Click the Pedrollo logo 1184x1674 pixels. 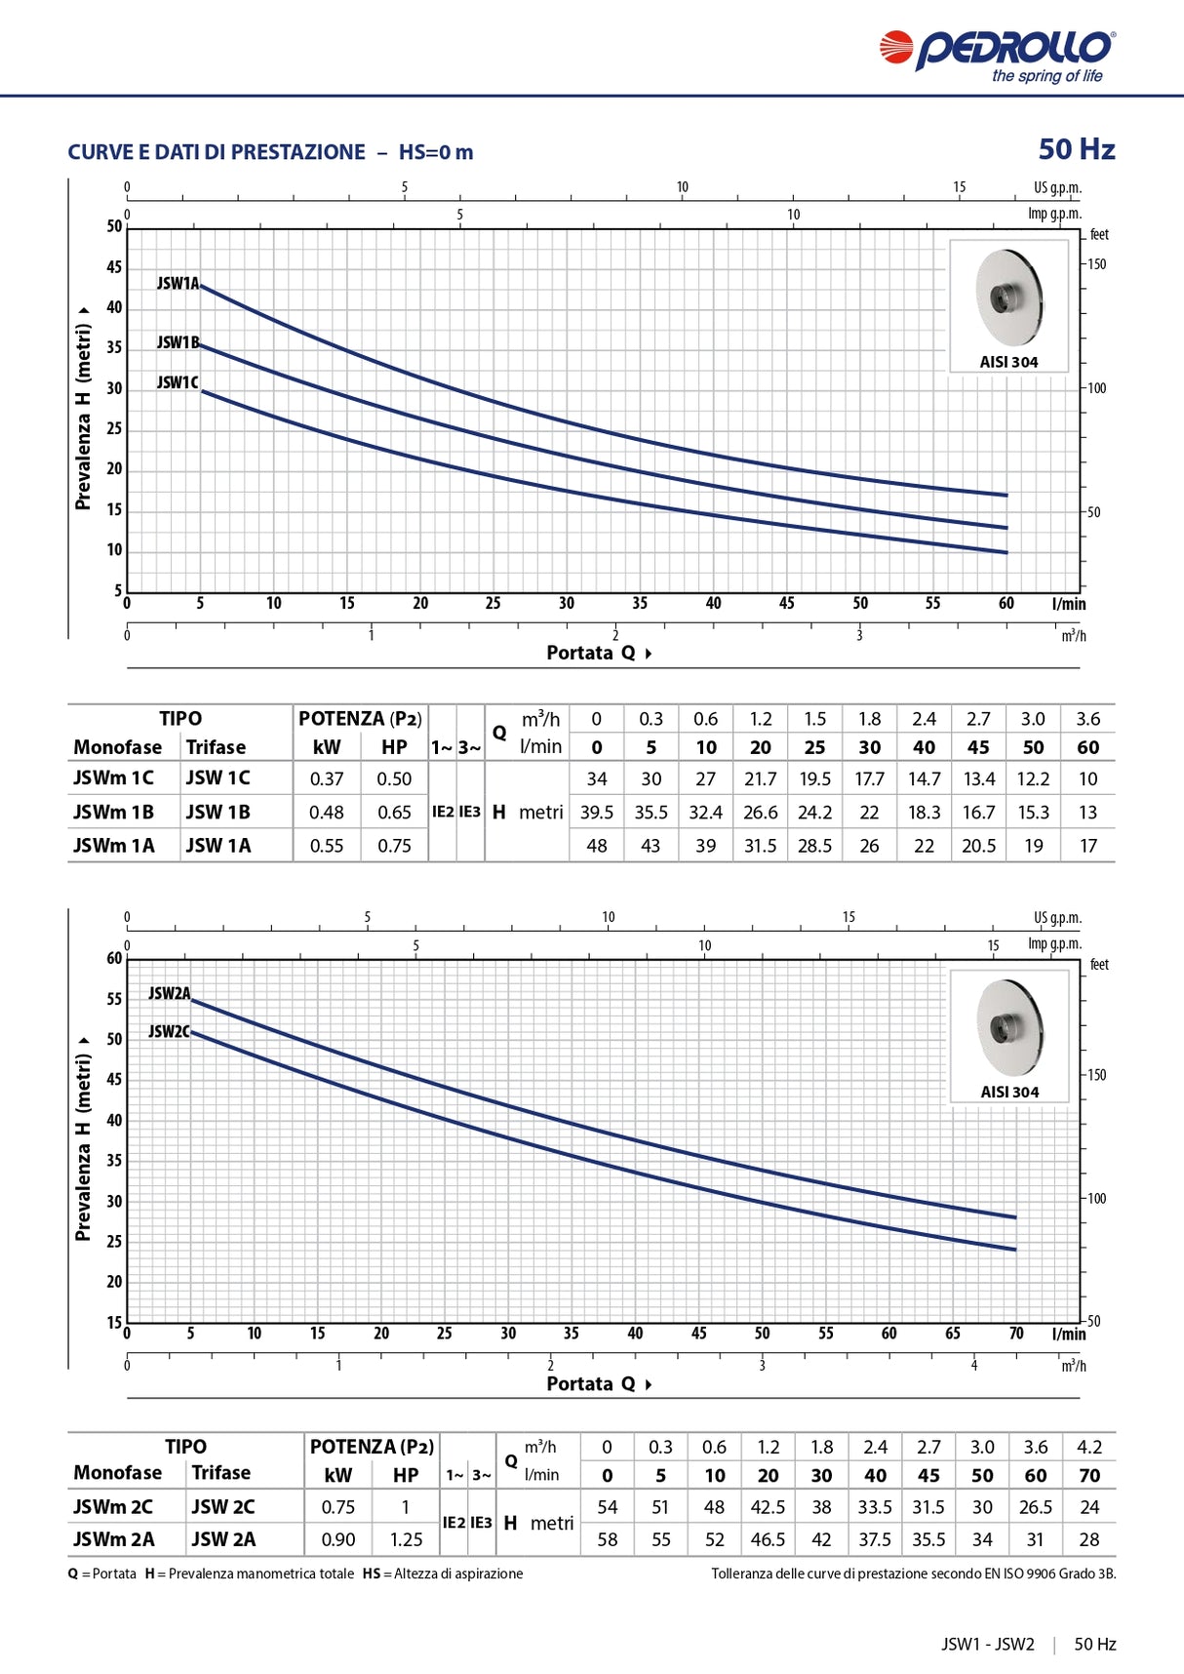coord(998,53)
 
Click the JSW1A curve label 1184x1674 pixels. coord(178,284)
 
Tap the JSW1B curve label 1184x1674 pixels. coord(178,342)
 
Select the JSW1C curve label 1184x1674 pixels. coord(177,382)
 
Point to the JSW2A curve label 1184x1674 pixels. coord(169,994)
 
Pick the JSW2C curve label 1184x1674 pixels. coord(169,1032)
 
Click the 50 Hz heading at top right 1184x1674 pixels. coord(1076,149)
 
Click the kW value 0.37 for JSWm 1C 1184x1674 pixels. coord(327,778)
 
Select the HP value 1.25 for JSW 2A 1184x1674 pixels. coord(406,1539)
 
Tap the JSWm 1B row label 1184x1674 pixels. coord(113,812)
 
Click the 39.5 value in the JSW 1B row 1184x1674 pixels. coord(597,812)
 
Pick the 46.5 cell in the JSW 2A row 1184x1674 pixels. coord(768,1539)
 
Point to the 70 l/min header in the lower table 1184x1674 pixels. coord(1089,1476)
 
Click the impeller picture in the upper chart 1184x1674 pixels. coord(1008,297)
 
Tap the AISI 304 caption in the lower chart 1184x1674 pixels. coord(1009,1093)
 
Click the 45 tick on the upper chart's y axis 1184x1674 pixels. coord(114,267)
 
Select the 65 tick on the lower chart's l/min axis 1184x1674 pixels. coord(952,1334)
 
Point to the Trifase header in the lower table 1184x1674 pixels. coord(220,1473)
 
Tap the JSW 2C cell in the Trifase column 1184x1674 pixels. coord(222,1507)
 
